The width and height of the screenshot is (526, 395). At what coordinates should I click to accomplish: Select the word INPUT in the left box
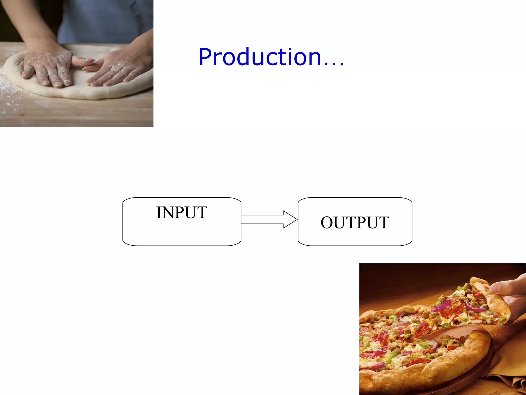tap(182, 213)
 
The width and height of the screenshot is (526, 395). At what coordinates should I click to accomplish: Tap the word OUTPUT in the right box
tap(355, 222)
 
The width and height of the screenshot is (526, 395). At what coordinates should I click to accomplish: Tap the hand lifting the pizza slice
tap(511, 293)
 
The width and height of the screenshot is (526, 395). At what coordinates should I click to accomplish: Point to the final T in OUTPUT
tap(384, 222)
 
